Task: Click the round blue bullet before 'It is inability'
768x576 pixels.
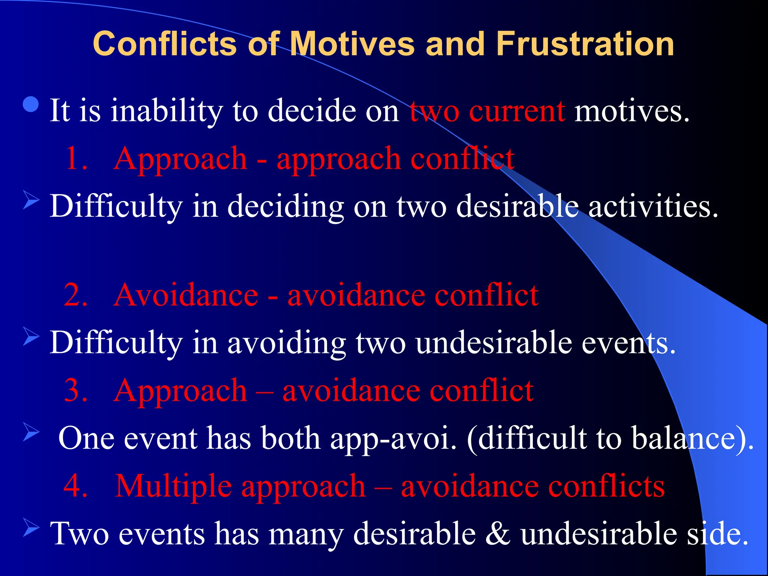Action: [x=31, y=105]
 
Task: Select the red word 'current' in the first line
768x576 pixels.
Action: [x=517, y=111]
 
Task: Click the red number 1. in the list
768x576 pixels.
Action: [x=77, y=159]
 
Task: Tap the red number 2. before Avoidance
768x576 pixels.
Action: [x=76, y=295]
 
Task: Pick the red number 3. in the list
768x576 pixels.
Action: [x=76, y=390]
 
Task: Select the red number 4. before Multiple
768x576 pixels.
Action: [x=76, y=486]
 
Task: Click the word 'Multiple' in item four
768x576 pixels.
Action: [x=173, y=486]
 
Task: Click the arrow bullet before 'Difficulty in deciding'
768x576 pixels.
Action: [x=31, y=199]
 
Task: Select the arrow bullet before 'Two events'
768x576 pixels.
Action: [x=31, y=527]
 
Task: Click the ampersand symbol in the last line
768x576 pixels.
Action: [x=498, y=534]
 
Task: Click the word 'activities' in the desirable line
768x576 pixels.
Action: [x=652, y=207]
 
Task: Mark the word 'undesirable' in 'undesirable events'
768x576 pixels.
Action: [x=493, y=343]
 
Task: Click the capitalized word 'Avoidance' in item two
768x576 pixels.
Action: [x=186, y=295]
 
